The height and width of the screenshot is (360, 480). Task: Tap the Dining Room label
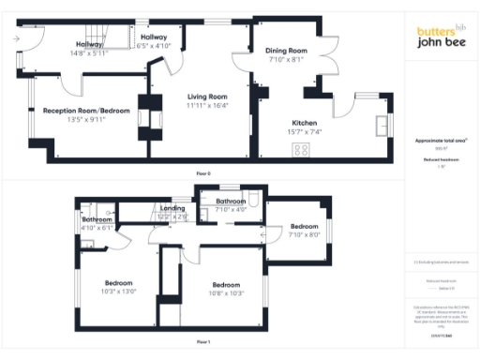(286, 51)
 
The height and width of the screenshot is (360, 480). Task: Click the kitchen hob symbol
(303, 149)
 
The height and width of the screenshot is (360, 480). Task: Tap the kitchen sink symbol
(381, 126)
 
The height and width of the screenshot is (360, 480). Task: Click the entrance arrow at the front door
(17, 38)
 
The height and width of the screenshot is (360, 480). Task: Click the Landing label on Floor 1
(172, 208)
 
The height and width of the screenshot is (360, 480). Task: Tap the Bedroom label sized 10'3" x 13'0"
(119, 282)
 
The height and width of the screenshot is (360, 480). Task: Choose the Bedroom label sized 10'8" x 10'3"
(227, 285)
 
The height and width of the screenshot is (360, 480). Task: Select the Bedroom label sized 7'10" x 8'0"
(304, 227)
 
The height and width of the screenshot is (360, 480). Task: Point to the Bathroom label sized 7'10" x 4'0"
(231, 202)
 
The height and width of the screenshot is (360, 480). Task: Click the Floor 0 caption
(203, 174)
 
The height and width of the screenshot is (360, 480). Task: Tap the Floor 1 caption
(203, 341)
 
